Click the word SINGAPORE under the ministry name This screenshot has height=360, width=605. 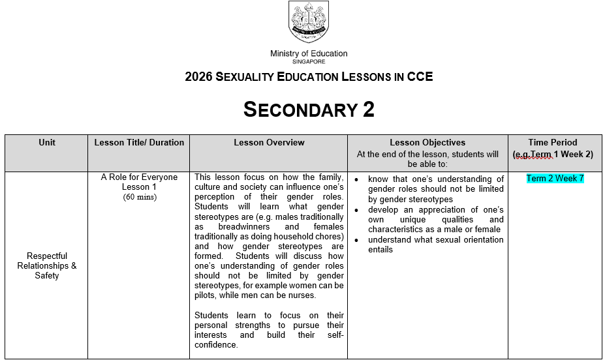[x=309, y=61]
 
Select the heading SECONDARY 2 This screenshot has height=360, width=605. [x=309, y=110]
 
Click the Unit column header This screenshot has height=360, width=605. [x=47, y=142]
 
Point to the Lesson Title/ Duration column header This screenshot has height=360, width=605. [x=139, y=142]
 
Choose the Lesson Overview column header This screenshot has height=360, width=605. [x=269, y=142]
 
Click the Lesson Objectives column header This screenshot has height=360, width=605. [x=427, y=142]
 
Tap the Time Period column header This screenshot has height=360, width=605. [x=553, y=142]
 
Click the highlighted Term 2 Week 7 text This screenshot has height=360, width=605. [x=555, y=179]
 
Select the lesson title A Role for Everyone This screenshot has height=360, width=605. [x=139, y=177]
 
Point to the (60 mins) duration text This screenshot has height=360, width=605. [x=139, y=197]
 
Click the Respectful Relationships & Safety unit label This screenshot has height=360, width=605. [x=47, y=265]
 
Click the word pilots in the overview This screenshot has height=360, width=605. [x=206, y=295]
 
